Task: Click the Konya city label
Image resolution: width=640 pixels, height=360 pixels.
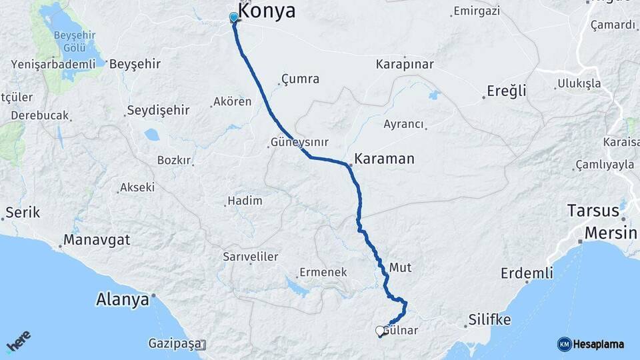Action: coord(267,11)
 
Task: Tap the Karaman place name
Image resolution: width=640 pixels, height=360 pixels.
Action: coord(385,159)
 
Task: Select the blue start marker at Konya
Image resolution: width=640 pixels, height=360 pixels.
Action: coord(233,17)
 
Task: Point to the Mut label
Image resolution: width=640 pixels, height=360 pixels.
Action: coord(400,267)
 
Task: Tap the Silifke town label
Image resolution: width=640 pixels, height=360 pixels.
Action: coord(489,320)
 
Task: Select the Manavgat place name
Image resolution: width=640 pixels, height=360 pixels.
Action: coord(97,240)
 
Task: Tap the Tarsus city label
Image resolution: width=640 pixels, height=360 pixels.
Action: coord(593,211)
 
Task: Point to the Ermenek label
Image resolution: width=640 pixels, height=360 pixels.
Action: coord(324,272)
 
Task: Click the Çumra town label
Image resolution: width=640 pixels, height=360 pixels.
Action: coord(300,79)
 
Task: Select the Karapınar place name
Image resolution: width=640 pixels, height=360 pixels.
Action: coord(405,65)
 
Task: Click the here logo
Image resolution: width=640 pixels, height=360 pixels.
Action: coord(19,343)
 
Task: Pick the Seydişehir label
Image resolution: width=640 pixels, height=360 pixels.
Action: coord(159,110)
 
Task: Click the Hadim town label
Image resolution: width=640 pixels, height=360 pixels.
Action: coord(245,201)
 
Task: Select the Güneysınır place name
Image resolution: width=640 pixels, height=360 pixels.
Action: coord(299,143)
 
